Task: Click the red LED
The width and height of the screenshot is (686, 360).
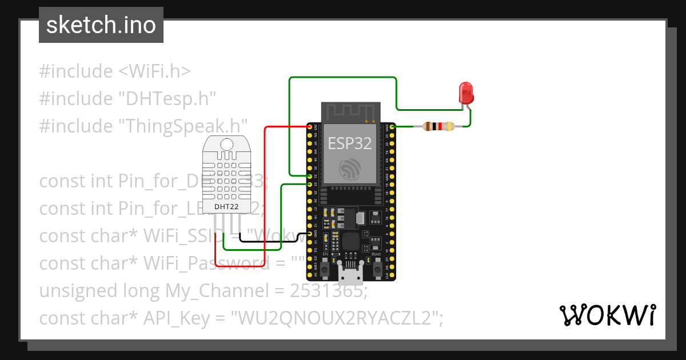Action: (466, 92)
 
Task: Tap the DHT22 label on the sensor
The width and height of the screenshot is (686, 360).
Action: (226, 206)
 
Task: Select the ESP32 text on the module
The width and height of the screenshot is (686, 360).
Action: (349, 143)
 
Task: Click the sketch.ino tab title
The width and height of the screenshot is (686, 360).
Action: (101, 25)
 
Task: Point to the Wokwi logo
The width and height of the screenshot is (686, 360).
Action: (607, 315)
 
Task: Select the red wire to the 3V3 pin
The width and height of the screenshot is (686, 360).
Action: (264, 189)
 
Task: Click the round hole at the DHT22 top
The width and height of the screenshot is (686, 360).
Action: (227, 144)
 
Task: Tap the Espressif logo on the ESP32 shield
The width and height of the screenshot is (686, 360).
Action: (349, 169)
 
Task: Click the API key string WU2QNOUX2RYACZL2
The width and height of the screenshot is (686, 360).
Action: (336, 318)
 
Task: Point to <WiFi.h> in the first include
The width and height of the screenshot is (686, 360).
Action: (154, 71)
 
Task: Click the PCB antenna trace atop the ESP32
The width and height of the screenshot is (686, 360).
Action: (350, 112)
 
